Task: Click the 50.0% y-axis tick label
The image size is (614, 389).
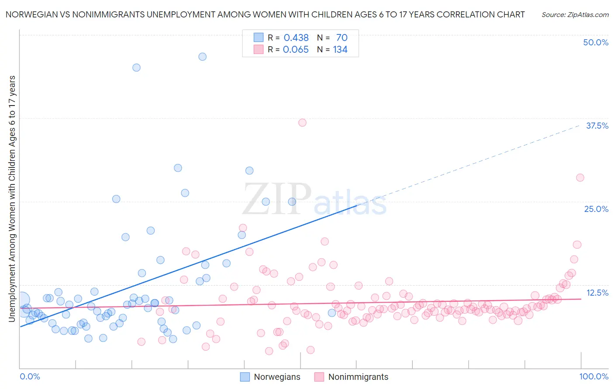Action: (x=596, y=42)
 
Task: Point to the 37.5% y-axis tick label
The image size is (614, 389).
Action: (x=597, y=126)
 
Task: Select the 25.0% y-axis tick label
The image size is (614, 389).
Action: (x=596, y=209)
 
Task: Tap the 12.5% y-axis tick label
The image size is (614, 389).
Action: (x=597, y=293)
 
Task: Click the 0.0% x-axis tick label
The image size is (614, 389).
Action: (x=30, y=376)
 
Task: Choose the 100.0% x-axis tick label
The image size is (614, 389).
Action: (x=594, y=376)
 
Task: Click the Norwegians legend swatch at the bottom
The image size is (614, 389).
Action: (x=245, y=377)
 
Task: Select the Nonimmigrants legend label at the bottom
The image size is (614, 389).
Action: (x=358, y=377)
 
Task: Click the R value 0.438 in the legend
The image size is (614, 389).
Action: (x=296, y=38)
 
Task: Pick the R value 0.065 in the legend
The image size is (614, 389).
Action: (x=296, y=50)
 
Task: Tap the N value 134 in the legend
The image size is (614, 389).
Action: (x=340, y=50)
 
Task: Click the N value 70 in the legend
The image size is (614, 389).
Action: (x=341, y=38)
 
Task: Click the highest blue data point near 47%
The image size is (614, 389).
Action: (x=202, y=57)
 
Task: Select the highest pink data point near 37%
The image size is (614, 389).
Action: (x=302, y=123)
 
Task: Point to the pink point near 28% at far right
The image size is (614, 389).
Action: (x=580, y=177)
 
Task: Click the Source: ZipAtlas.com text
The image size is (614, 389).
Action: (x=575, y=14)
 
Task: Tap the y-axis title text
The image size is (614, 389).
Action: (x=12, y=199)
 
